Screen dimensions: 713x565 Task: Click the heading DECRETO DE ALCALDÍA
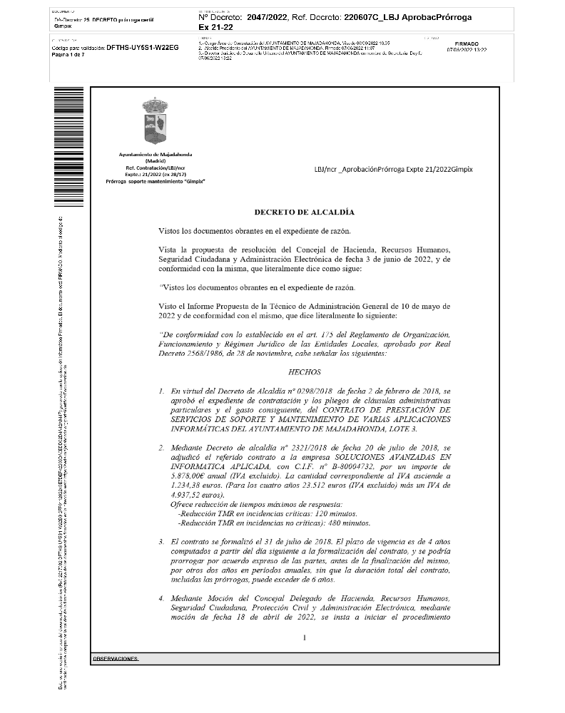tap(304, 212)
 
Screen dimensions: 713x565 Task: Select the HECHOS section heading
tap(304, 372)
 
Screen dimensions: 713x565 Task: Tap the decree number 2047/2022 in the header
tap(266, 16)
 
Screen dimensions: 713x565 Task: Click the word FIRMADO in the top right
tap(467, 43)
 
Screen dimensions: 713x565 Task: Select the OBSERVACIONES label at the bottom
tap(116, 659)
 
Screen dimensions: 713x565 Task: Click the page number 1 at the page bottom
tap(304, 637)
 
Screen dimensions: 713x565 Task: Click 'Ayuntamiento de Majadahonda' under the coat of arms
tap(155, 155)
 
